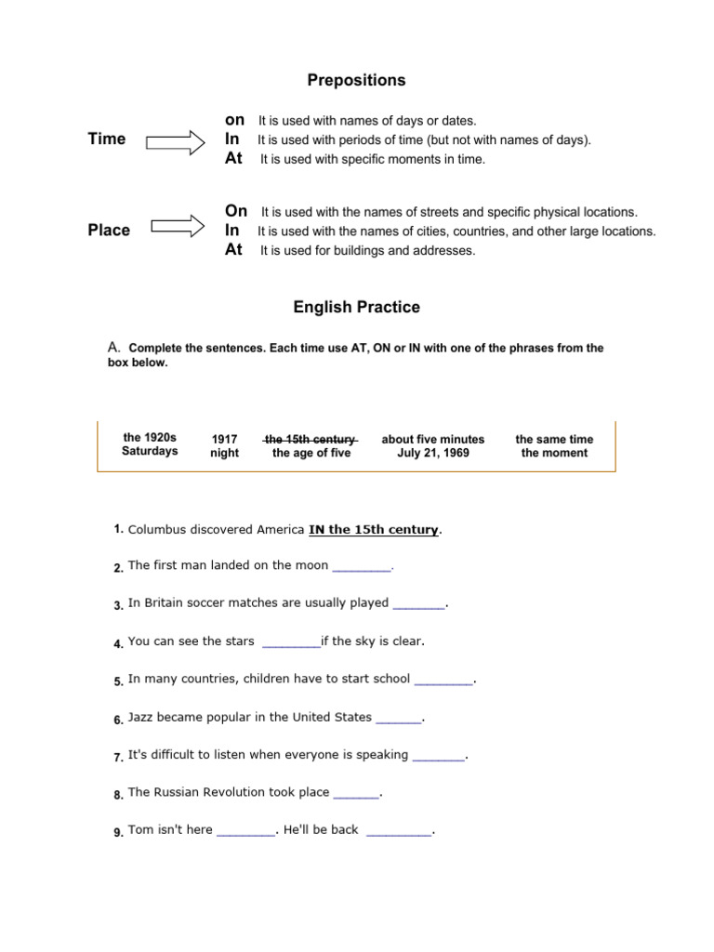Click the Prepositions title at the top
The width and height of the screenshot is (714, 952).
(356, 81)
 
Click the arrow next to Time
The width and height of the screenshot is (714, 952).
(177, 141)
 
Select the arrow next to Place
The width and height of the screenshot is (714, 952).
(177, 227)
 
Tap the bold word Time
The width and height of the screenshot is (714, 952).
(106, 139)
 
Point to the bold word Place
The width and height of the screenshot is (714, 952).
(109, 231)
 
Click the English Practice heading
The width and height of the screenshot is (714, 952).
(356, 307)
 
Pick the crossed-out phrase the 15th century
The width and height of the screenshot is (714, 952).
(311, 439)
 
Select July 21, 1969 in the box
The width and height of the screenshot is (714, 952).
(433, 454)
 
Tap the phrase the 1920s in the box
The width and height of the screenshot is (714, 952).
(150, 437)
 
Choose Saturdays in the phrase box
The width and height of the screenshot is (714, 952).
(150, 452)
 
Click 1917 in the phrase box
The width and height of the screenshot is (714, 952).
(225, 439)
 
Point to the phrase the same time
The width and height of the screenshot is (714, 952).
(554, 439)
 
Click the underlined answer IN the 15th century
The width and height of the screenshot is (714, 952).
(373, 530)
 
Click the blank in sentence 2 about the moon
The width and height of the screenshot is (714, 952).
(362, 566)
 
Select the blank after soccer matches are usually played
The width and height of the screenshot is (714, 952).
(418, 604)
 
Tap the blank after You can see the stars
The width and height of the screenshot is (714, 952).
(291, 642)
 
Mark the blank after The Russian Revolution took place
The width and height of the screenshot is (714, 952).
(356, 794)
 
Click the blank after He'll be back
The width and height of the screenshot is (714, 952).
(399, 832)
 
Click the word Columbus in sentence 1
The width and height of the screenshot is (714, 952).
(152, 530)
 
